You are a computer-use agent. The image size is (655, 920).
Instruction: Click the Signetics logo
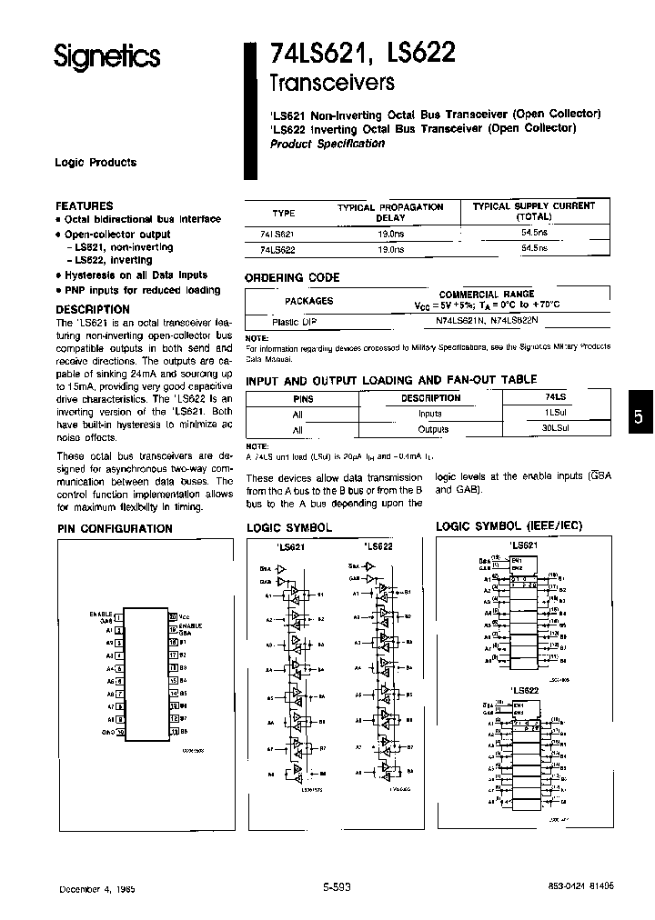coord(106,56)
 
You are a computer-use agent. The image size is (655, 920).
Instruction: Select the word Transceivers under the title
coord(331,84)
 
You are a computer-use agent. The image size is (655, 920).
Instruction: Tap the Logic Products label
coord(96,163)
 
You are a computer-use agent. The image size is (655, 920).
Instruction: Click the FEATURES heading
coord(85,205)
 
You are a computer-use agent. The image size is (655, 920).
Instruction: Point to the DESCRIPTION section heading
coord(93,309)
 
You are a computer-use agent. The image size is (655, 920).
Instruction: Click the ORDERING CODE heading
coord(292,278)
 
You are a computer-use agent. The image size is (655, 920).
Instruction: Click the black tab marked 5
coord(639,416)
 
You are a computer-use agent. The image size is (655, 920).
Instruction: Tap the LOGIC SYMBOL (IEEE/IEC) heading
coord(509,526)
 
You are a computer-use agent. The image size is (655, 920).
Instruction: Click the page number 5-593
coord(337,888)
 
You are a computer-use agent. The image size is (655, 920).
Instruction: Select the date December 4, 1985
coord(96,888)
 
